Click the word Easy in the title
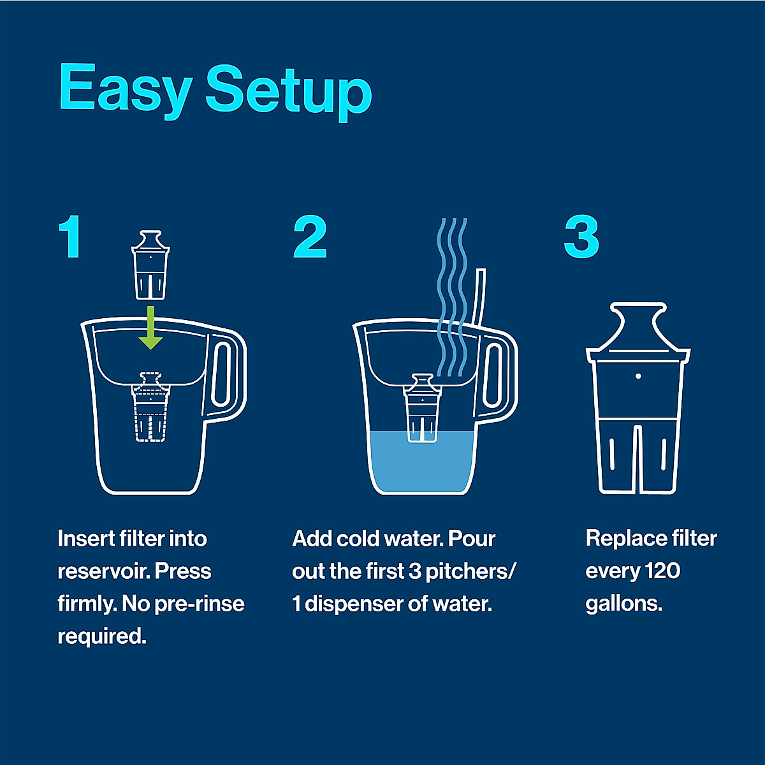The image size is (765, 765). point(125,89)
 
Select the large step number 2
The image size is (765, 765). point(310,237)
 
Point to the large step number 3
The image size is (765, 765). point(581,237)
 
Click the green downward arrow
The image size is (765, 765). point(151,327)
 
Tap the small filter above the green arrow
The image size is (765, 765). point(150,265)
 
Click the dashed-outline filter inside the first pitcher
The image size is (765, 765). point(150,408)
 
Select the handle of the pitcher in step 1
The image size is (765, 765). point(225,376)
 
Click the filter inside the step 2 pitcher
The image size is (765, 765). point(421,408)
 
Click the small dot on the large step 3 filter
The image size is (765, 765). point(638,376)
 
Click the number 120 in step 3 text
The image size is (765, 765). point(662,571)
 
